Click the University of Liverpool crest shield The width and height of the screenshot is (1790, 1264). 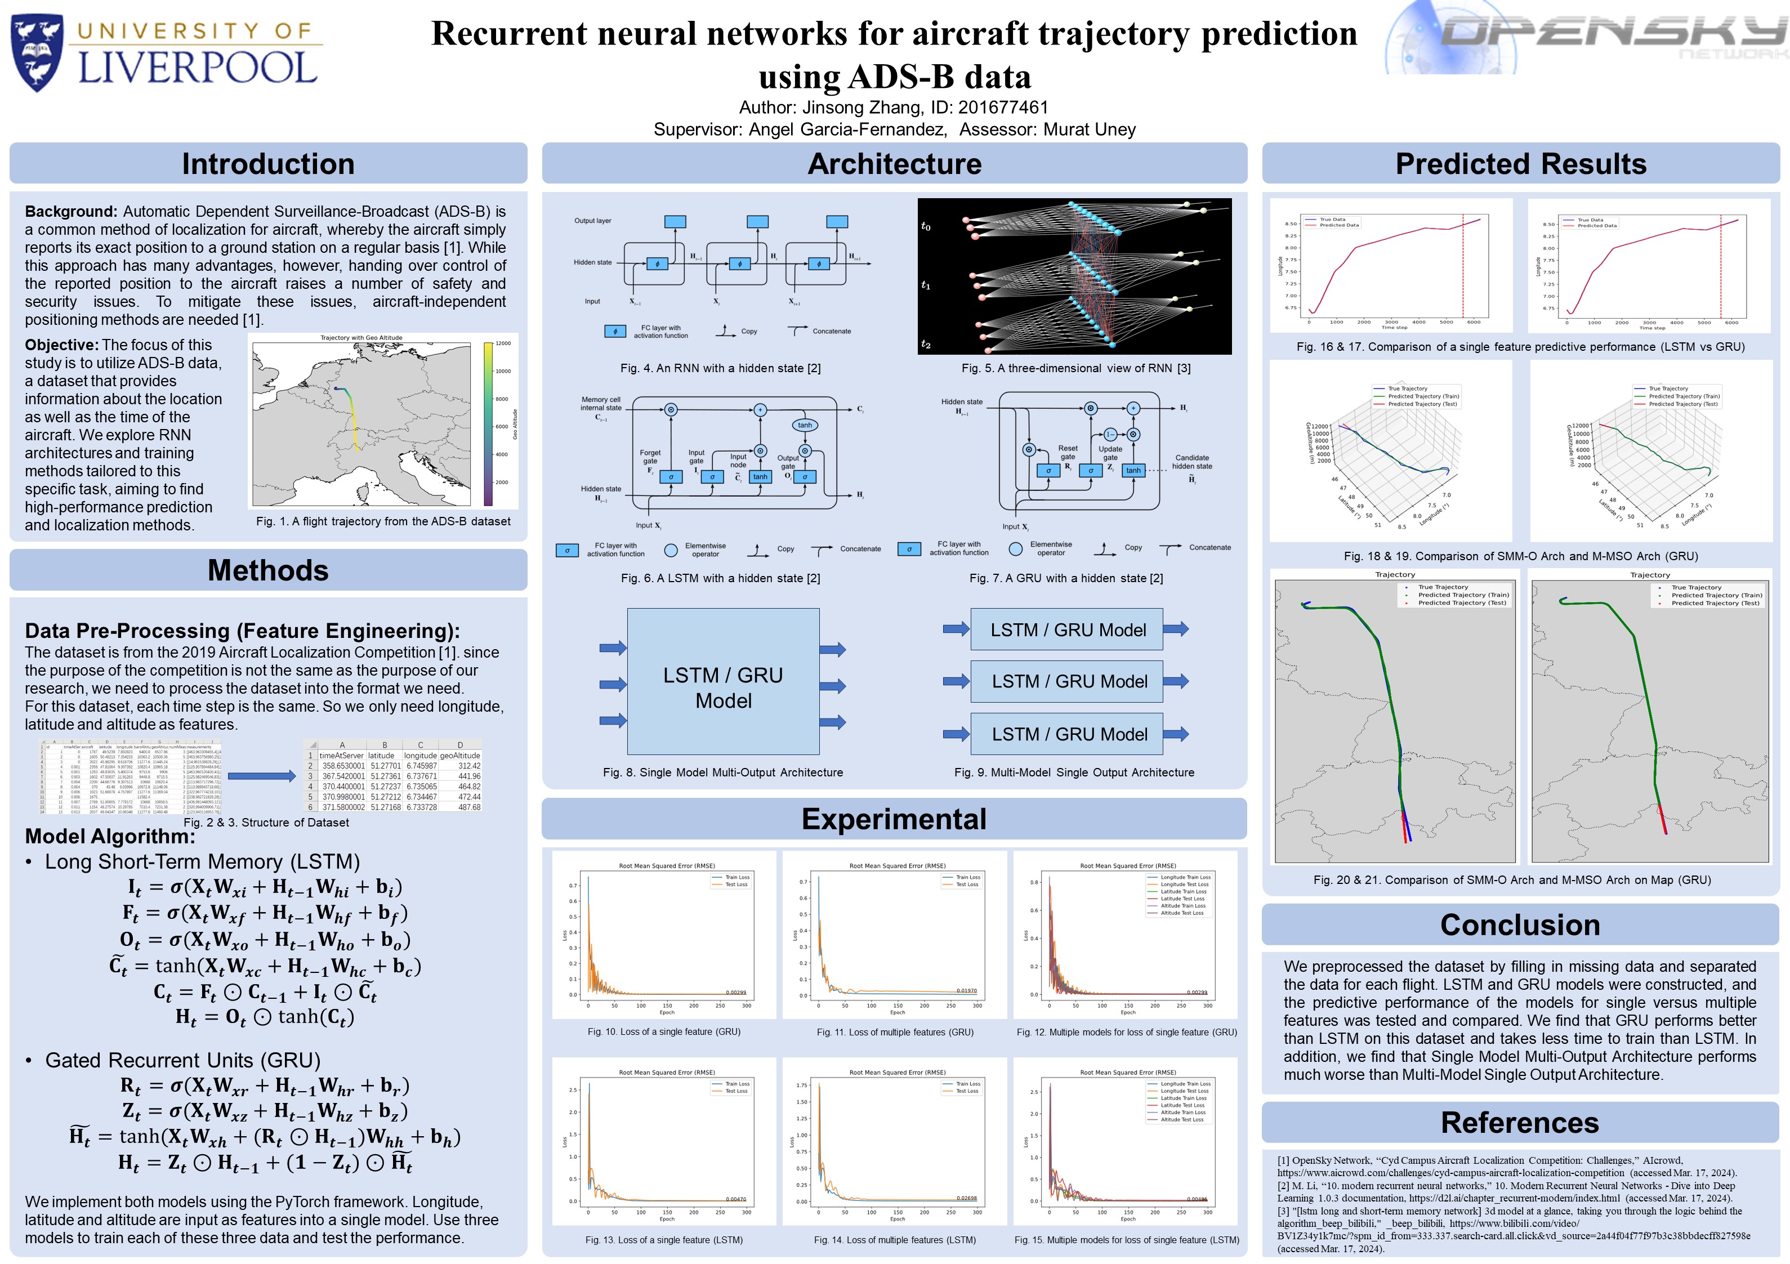(37, 52)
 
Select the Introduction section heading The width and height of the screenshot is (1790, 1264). (268, 164)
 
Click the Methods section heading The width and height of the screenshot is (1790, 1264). (268, 570)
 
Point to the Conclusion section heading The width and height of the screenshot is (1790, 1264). (1520, 925)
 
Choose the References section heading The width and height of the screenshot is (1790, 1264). (1520, 1122)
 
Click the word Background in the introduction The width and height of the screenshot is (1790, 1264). (71, 211)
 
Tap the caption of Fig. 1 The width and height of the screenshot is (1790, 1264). (383, 522)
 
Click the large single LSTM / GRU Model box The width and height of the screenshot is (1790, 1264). (723, 681)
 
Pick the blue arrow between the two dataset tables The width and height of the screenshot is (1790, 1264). (261, 776)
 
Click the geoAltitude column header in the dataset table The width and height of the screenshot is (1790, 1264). (460, 756)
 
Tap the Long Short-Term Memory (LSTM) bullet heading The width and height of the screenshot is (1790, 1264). (202, 861)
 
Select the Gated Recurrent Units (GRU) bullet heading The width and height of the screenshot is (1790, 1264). (182, 1061)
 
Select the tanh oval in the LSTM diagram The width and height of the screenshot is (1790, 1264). (805, 425)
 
